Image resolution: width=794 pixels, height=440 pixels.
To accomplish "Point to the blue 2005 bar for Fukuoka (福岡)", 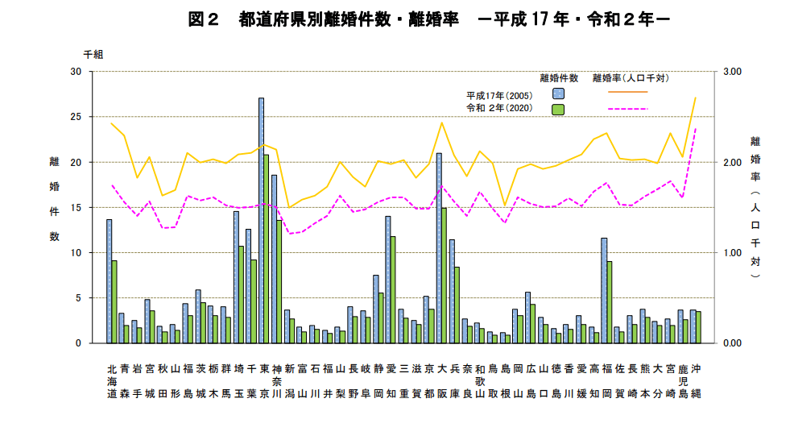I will click(604, 290).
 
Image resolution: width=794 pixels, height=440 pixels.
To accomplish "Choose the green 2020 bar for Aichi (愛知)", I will click(393, 289).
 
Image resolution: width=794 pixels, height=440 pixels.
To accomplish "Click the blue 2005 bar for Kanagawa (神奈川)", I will click(274, 259).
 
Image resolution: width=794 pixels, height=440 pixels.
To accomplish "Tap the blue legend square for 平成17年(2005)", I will click(557, 93).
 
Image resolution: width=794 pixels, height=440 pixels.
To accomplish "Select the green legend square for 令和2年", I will click(557, 108).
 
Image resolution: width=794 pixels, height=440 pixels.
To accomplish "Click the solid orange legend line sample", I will click(628, 93).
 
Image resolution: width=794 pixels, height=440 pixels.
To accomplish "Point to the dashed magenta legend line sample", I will click(628, 108).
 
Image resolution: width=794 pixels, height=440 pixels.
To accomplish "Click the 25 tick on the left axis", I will click(77, 117).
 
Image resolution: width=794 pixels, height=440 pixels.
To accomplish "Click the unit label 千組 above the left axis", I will click(93, 54).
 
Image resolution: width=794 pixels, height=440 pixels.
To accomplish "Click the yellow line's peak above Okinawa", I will click(695, 98).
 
